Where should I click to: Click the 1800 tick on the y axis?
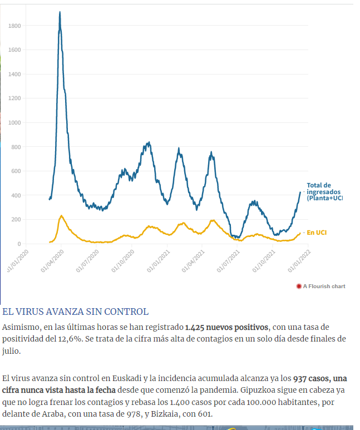[x=15, y=26]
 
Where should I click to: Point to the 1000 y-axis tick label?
[x=15, y=122]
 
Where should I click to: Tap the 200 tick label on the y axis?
[x=17, y=220]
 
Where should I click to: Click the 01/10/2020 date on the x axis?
[x=122, y=260]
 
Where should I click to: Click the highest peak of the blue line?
[x=60, y=12]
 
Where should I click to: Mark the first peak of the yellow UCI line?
[x=61, y=216]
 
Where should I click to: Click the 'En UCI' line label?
[x=317, y=233]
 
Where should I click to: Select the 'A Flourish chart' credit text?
[x=324, y=286]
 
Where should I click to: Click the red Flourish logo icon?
[x=299, y=286]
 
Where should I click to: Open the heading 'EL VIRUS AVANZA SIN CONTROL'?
[x=75, y=312]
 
